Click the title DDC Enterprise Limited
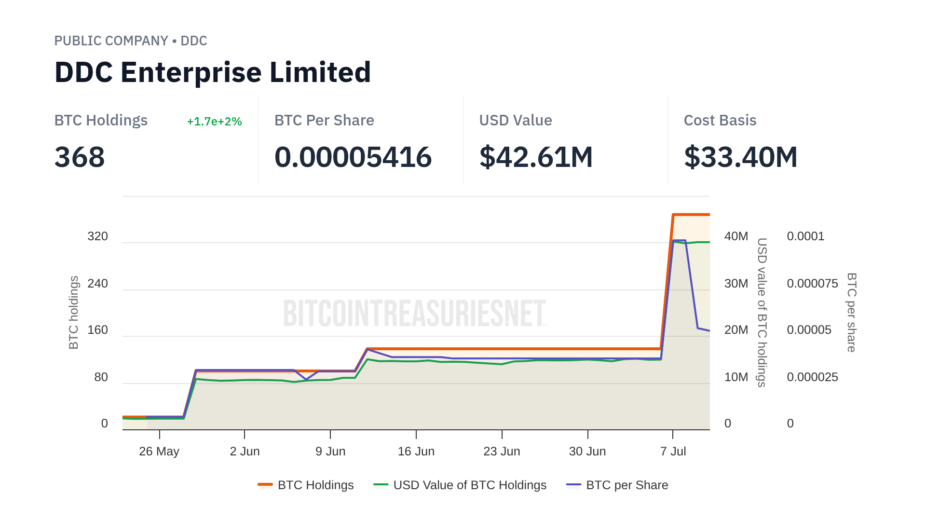(x=212, y=72)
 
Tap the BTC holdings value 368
(x=80, y=157)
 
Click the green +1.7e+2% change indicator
(x=214, y=122)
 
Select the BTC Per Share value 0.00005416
(x=353, y=157)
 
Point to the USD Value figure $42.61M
(x=535, y=157)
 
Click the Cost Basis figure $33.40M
(x=740, y=157)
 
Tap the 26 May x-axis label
(x=159, y=452)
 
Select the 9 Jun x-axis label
(x=330, y=452)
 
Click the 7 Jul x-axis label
(x=673, y=452)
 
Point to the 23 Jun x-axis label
(x=502, y=452)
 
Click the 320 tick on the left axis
(x=97, y=236)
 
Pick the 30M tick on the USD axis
(x=736, y=284)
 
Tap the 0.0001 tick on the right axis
(x=805, y=236)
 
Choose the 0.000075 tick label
(x=812, y=284)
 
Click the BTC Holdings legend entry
(x=306, y=485)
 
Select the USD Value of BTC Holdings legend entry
(x=460, y=485)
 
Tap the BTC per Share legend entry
(x=617, y=485)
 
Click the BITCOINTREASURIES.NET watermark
(x=415, y=313)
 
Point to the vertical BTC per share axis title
(x=852, y=312)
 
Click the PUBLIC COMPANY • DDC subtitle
(x=131, y=41)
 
